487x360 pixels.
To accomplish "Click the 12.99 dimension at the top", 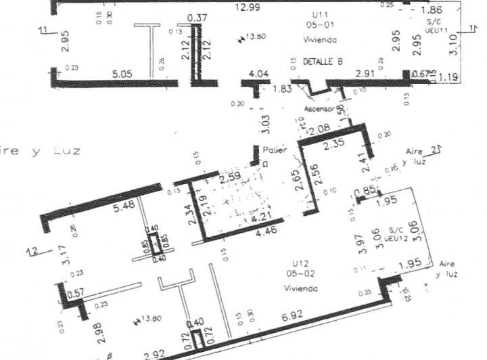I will tap(248, 7).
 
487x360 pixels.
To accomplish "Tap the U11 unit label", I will tap(320, 14).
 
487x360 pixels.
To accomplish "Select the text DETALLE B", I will tap(322, 62).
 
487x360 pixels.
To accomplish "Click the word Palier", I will tap(275, 150).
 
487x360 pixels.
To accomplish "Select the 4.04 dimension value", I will tap(259, 73).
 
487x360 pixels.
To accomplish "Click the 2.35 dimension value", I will tap(333, 143).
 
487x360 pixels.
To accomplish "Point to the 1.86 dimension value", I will tap(432, 11).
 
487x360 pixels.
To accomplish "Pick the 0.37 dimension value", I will tap(197, 18).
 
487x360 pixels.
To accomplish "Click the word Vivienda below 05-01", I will tap(320, 41).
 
